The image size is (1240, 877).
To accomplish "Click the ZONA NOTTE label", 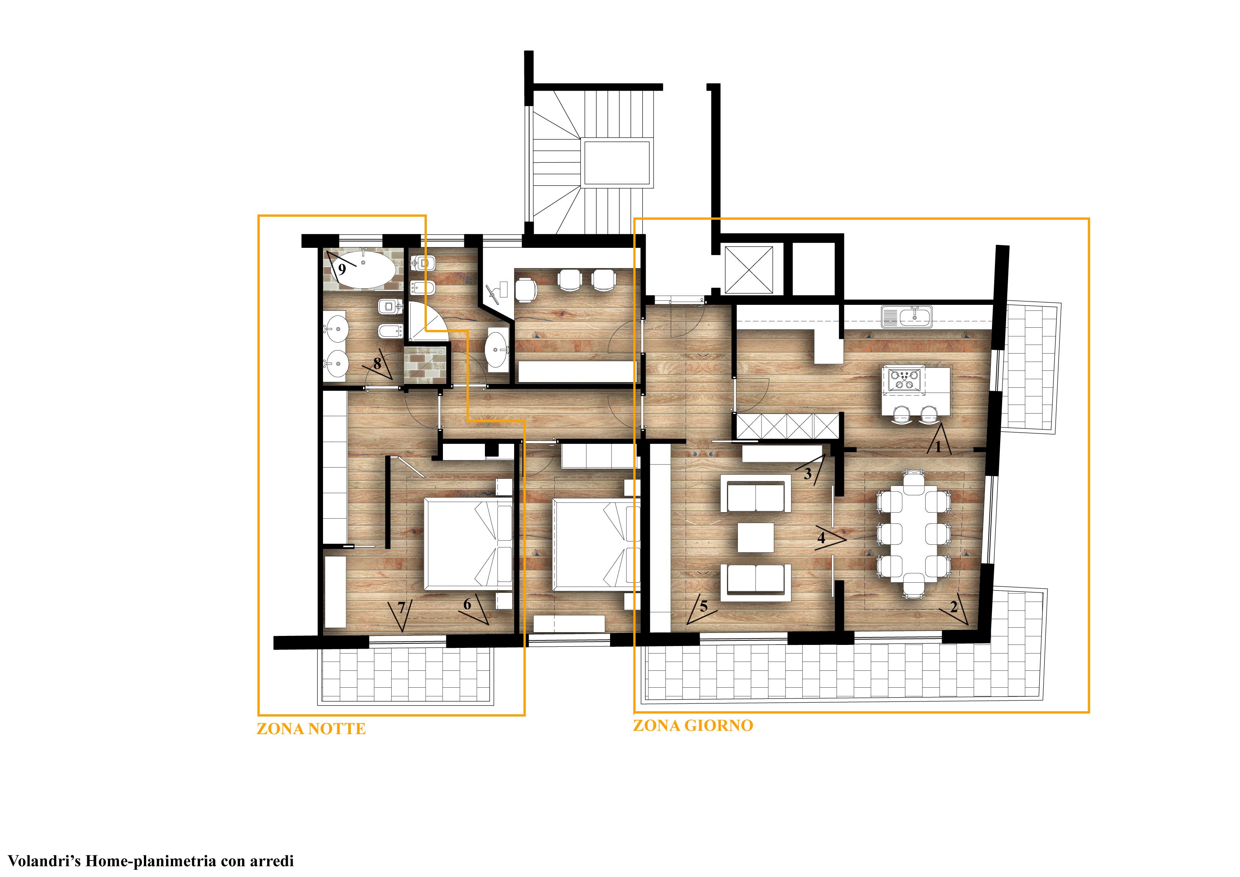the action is click(x=311, y=729).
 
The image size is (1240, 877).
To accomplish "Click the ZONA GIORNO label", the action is click(x=693, y=726).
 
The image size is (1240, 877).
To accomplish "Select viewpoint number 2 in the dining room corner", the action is click(x=954, y=607).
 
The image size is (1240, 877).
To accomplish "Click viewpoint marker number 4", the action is click(x=821, y=538).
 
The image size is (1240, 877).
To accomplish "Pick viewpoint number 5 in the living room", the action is click(x=703, y=606).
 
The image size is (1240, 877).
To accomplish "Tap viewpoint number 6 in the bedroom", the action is click(x=467, y=604).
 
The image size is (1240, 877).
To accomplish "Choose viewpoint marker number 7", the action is click(x=401, y=608).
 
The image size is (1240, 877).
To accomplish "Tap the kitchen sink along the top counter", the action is click(x=907, y=317).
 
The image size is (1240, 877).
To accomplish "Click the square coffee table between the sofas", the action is click(x=755, y=537).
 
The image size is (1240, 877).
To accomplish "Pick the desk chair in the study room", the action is click(x=525, y=289).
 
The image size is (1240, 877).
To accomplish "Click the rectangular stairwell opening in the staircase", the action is click(x=617, y=163).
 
